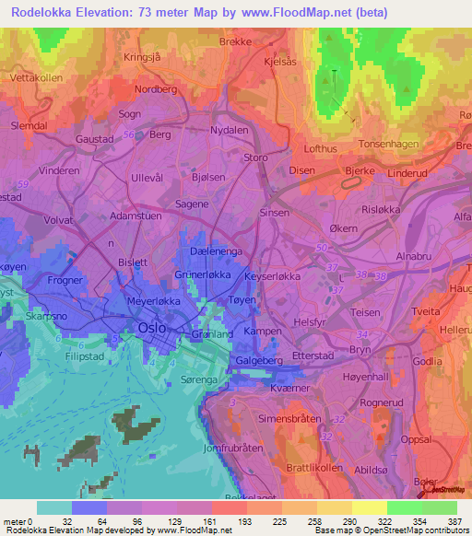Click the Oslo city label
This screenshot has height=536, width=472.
coord(151,328)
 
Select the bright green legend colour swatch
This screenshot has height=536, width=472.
coord(404,507)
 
